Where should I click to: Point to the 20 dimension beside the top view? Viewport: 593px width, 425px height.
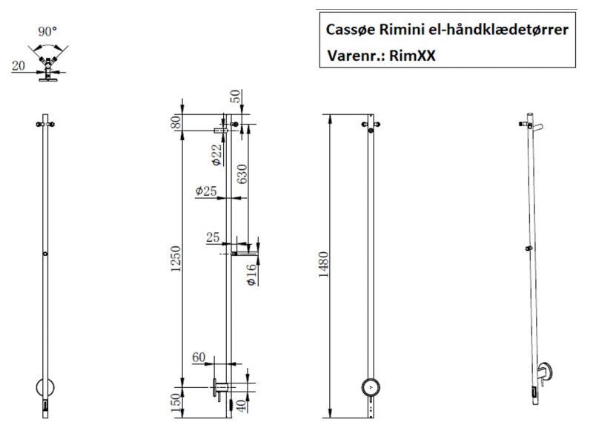coord(19,66)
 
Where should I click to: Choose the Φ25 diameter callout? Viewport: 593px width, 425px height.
coord(206,191)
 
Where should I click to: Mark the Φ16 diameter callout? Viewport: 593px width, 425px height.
coord(253,274)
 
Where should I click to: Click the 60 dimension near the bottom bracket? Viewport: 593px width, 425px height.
coord(199,358)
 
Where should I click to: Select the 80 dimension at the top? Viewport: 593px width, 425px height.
coord(176,122)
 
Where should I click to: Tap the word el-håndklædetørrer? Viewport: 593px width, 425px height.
coord(502,30)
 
